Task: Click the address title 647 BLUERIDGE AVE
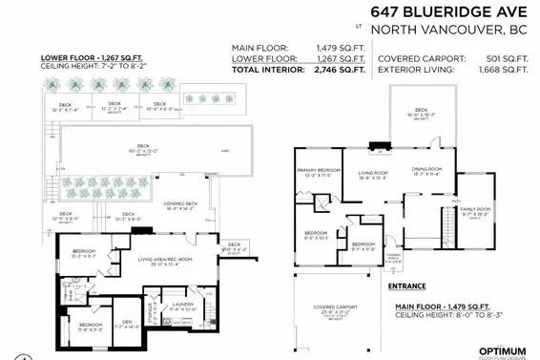(x=450, y=11)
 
